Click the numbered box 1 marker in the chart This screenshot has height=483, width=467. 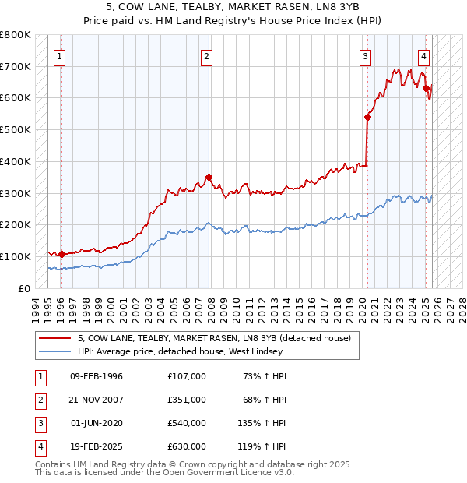pos(61,55)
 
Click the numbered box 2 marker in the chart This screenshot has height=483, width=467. pos(206,55)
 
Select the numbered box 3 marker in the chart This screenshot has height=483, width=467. pos(365,55)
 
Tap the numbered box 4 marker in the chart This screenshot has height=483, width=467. pos(423,55)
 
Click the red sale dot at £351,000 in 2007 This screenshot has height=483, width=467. pos(209,177)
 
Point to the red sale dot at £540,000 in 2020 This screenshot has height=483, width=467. pos(367,117)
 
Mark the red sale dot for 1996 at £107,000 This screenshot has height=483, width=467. pos(61,254)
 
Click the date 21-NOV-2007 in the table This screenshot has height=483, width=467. pos(97,399)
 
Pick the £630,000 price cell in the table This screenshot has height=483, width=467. pos(186,446)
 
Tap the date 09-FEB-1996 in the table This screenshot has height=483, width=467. pos(97,375)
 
